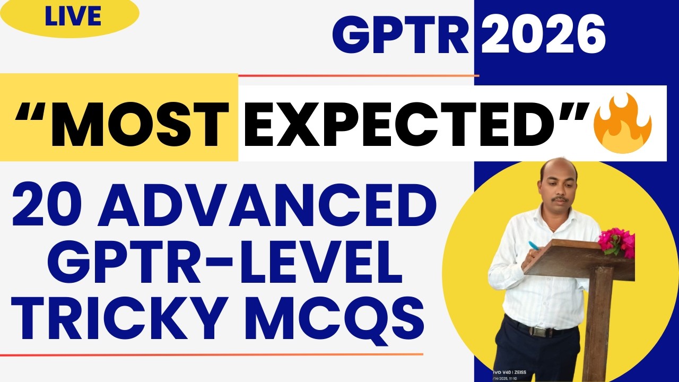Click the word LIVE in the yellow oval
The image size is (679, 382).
coord(73,18)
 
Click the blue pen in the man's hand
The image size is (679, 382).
coord(534,246)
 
